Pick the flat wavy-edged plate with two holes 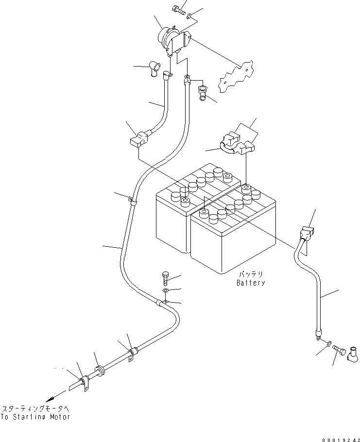tap(238, 76)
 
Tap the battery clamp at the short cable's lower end tap(138, 138)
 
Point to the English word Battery tap(251, 283)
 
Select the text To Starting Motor tap(35, 417)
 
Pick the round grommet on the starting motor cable tap(100, 372)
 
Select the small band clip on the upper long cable tap(131, 200)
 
